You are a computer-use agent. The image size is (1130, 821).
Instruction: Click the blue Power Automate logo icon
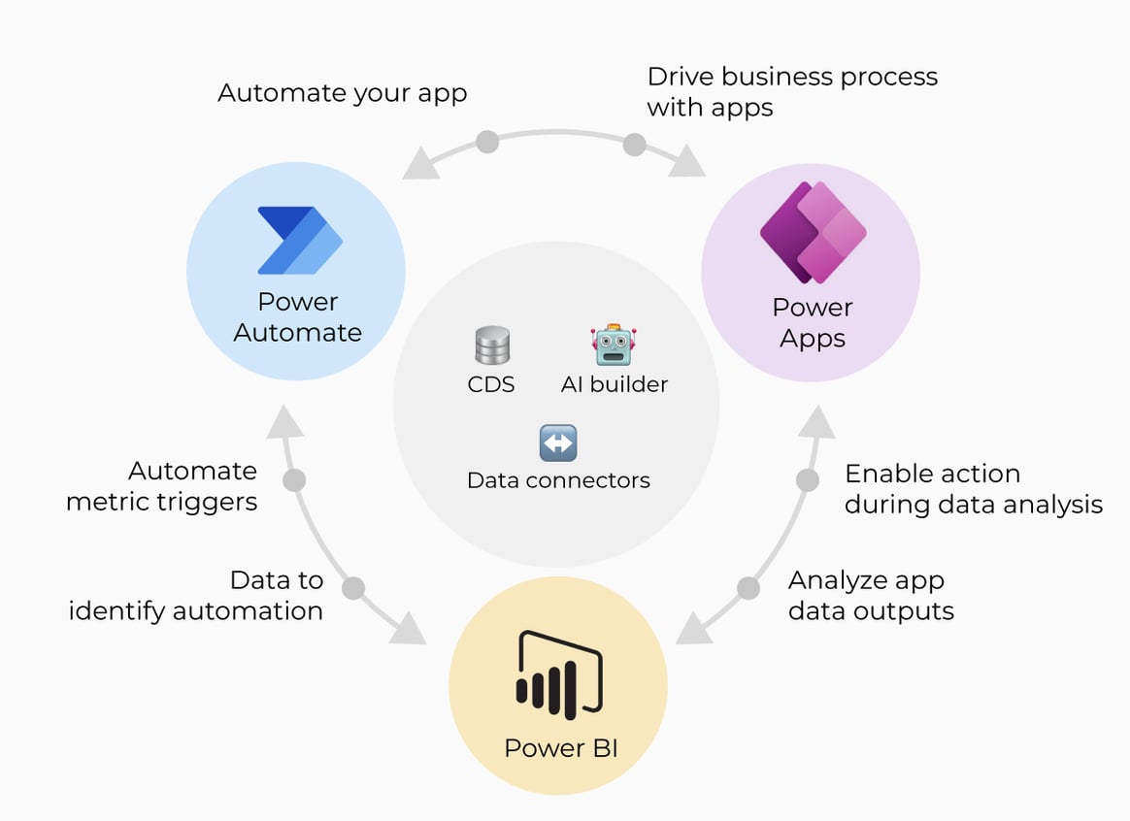299,240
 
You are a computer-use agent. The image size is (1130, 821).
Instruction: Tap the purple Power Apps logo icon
812,233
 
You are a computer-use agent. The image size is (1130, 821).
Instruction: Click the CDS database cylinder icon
491,345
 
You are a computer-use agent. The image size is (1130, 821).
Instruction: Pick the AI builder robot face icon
613,345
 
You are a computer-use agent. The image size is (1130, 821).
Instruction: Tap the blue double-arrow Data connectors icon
558,443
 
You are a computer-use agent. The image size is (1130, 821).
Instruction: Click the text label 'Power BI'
560,748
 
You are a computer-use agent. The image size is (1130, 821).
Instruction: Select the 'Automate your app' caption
342,93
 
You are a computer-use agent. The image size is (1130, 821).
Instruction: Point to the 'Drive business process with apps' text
792,91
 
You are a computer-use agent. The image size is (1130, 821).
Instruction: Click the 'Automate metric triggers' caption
162,486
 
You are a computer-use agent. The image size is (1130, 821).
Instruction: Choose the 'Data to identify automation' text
196,595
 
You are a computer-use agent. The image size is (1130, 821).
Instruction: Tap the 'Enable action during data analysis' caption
973,488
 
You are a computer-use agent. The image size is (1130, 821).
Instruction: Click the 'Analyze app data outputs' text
871,595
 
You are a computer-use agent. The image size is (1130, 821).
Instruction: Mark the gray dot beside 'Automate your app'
487,143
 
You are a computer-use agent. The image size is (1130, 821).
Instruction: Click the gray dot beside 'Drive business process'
634,145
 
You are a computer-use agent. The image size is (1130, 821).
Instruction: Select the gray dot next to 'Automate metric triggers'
293,480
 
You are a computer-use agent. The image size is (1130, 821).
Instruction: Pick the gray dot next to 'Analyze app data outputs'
748,587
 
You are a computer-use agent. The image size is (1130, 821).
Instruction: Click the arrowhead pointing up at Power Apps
816,420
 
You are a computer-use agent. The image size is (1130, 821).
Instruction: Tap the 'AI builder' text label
615,384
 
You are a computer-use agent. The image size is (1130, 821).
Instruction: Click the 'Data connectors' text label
558,479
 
